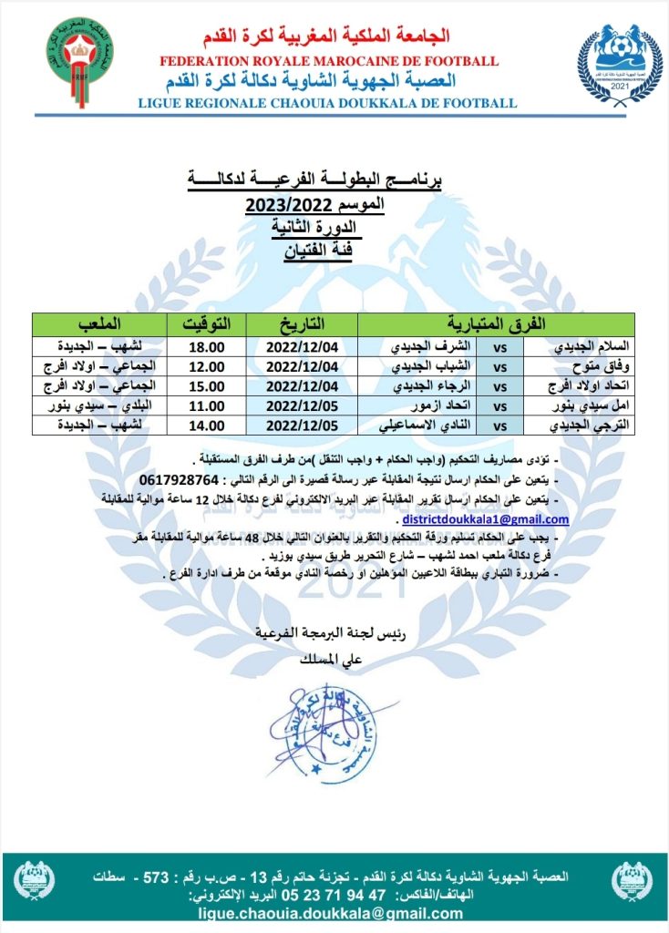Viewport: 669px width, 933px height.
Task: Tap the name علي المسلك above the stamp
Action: pos(311,654)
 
